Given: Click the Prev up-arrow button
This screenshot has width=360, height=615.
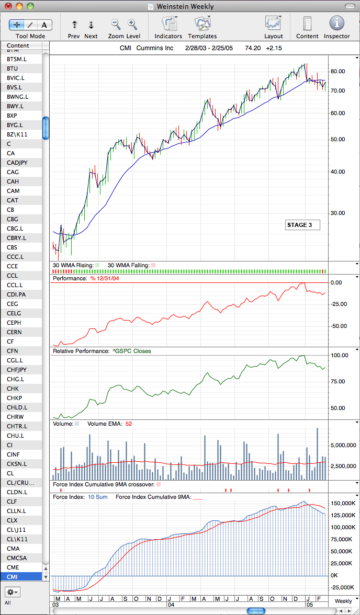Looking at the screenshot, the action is (75, 25).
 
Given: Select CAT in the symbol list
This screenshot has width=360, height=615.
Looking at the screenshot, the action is (13, 200).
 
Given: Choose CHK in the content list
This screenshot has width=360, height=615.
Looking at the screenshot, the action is (13, 389).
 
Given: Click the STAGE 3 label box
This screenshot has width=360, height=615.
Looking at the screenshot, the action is (302, 225).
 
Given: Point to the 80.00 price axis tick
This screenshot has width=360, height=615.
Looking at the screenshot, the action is (339, 71).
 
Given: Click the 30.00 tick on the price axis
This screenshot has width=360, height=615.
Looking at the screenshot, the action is (339, 213).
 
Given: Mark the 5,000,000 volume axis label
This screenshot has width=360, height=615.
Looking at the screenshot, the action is (343, 446).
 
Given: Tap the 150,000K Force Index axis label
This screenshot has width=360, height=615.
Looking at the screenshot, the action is (343, 503).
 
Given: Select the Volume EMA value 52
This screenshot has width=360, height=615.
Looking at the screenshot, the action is (128, 424).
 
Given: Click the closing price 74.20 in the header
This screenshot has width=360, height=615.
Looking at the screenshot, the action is (251, 49).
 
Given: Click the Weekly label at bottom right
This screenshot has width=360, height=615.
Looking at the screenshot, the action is (343, 601).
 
